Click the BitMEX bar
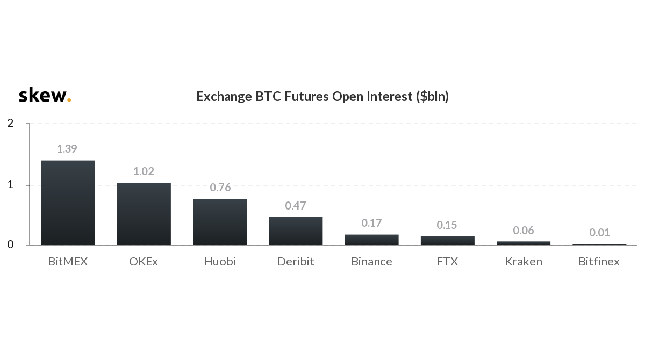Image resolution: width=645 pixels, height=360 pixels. [x=68, y=203]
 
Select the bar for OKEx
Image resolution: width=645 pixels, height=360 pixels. [x=144, y=214]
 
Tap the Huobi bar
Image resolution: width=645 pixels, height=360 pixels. [x=220, y=222]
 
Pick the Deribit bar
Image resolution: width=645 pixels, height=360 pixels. [x=296, y=231]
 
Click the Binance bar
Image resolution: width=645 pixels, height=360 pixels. [x=372, y=240]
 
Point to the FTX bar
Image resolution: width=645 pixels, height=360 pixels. [x=447, y=241]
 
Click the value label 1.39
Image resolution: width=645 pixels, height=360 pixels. [x=67, y=149]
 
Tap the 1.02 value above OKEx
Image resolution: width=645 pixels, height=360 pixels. [x=144, y=171]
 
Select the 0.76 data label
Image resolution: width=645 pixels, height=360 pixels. [x=220, y=188]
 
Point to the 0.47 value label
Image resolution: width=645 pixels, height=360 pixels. [x=296, y=206]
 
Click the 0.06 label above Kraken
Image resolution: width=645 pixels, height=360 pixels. [x=524, y=231]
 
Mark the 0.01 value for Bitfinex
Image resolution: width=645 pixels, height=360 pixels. [x=599, y=233]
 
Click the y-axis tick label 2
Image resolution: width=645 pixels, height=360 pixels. [x=11, y=123]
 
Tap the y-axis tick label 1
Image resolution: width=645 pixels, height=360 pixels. [x=11, y=184]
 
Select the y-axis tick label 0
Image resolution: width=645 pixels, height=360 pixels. [x=11, y=244]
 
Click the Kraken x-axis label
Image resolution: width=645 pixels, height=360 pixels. [x=524, y=262]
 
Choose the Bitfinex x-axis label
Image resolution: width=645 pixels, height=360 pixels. [x=599, y=262]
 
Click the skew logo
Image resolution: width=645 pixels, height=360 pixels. [x=45, y=95]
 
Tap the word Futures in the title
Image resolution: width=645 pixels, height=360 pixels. [x=307, y=96]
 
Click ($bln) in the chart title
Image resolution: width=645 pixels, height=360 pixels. [x=433, y=97]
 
